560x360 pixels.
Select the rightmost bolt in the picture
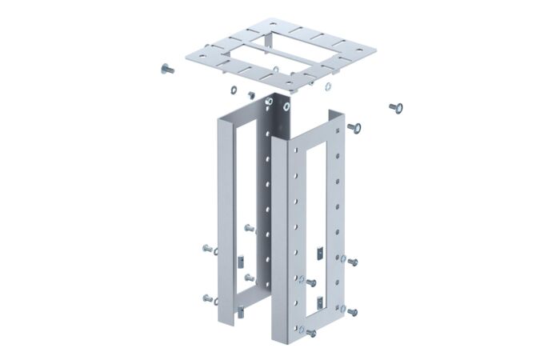[395, 107]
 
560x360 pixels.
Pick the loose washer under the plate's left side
[233, 89]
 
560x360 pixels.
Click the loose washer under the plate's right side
[328, 86]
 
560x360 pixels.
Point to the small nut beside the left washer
[250, 95]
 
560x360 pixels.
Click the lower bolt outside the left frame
[208, 299]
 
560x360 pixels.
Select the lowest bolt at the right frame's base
[310, 333]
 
